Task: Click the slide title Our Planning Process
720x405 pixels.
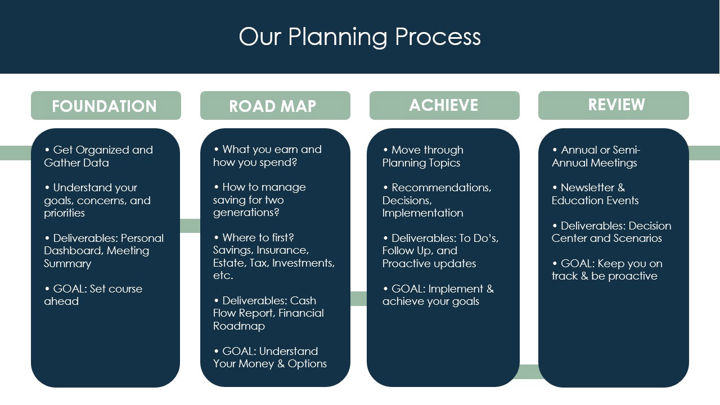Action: [x=359, y=37]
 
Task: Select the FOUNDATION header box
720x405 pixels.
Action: [x=106, y=106]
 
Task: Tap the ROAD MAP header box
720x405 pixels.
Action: [x=275, y=106]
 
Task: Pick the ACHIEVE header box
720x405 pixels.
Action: [x=444, y=105]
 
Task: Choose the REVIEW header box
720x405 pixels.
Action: [x=613, y=105]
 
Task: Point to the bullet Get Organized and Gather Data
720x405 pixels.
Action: [x=98, y=156]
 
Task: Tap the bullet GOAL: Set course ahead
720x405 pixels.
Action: [x=93, y=295]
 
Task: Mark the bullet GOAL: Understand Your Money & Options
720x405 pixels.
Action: [x=270, y=357]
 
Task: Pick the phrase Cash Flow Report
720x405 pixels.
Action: [x=264, y=307]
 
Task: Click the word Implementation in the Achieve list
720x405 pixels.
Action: [x=423, y=213]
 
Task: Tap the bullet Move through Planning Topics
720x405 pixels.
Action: [x=423, y=156]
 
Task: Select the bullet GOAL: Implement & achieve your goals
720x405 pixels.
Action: [x=438, y=295]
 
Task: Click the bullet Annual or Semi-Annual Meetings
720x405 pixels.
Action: [x=596, y=156]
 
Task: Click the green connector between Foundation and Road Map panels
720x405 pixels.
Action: [x=190, y=226]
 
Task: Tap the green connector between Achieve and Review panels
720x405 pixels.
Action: [x=529, y=371]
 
